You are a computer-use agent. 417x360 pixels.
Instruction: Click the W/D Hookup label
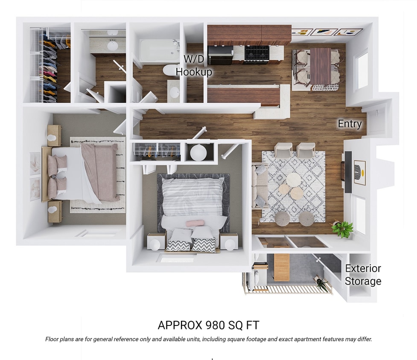tap(194, 65)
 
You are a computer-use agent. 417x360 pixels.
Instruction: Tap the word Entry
tap(350, 124)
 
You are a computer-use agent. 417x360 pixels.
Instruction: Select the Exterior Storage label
tap(363, 275)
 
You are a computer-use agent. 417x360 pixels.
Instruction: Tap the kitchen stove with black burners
tap(257, 53)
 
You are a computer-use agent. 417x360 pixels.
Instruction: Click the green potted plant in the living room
tap(342, 228)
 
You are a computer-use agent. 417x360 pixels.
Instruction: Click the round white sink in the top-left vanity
tap(113, 45)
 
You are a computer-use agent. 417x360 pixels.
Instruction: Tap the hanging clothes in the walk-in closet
tap(50, 64)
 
